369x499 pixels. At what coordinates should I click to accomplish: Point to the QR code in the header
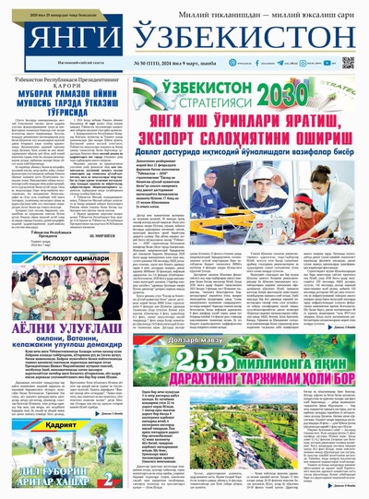point(348,63)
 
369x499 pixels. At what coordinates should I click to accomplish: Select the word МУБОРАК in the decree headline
point(38,101)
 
